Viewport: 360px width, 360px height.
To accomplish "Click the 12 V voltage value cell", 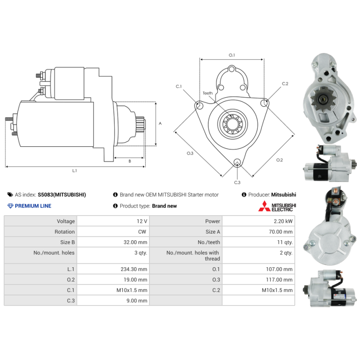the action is pos(142,221).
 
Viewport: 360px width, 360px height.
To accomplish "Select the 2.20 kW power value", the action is pos(283,221).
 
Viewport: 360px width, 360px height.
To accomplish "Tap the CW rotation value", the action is pos(142,232).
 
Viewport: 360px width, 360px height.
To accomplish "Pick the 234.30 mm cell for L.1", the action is pos(134,269).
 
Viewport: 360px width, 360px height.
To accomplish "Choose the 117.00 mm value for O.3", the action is pos(279,279).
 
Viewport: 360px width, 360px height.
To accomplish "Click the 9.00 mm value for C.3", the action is pos(137,301).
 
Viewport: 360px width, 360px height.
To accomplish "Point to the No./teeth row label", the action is pos(209,242).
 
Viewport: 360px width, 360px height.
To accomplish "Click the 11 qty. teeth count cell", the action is pos(285,242).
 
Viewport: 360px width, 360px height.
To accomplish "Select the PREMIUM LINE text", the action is pos(33,206).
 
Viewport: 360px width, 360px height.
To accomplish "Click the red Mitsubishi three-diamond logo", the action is pos(265,206).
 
